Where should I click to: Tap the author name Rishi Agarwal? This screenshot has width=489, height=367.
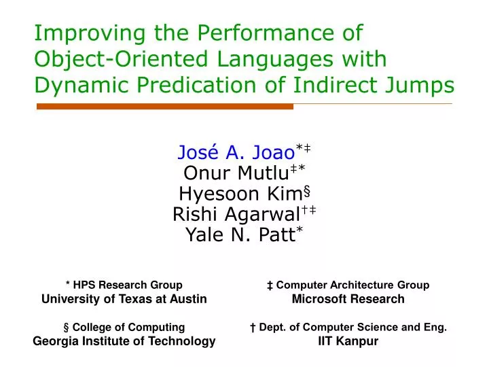point(236,215)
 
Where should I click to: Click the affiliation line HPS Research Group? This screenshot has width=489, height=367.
point(124,285)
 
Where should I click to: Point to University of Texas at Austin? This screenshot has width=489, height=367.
point(124,298)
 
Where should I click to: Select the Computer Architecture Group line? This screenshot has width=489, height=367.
point(348,285)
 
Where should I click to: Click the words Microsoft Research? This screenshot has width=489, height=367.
point(348,298)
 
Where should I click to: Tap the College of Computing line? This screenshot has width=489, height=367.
point(124,327)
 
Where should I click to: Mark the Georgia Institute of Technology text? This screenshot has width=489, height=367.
point(124,341)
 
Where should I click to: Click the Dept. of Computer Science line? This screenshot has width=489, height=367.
point(348,327)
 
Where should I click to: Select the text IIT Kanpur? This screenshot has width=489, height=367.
point(348,341)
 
